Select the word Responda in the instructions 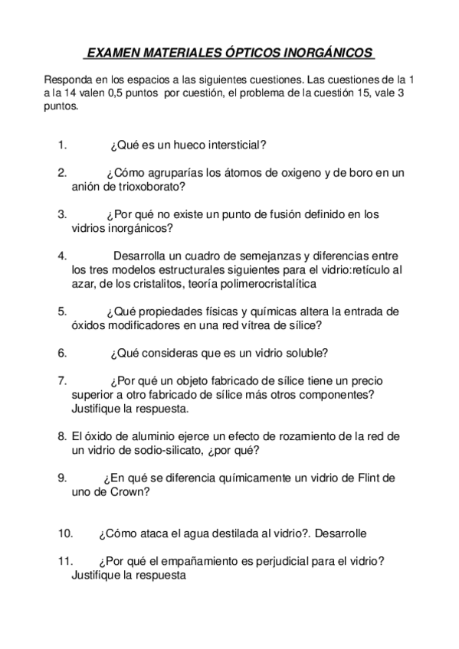click(67, 80)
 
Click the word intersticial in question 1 click(234, 144)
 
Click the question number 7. click(61, 380)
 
